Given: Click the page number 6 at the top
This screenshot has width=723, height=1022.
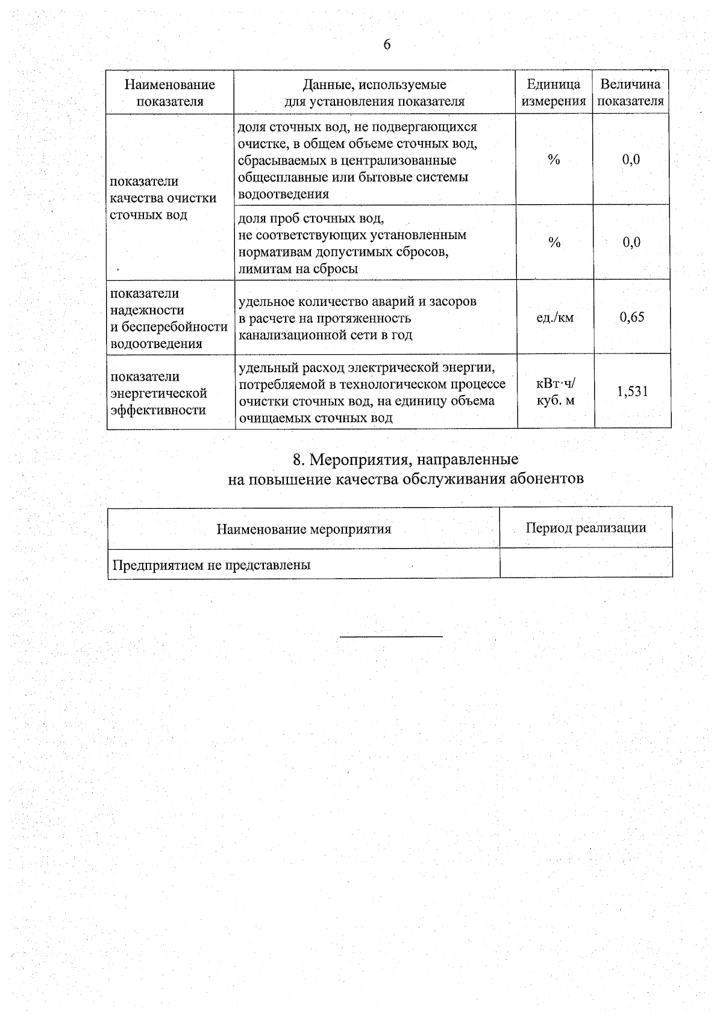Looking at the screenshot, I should (x=387, y=45).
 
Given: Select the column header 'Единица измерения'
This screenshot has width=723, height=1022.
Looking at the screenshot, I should (x=554, y=93).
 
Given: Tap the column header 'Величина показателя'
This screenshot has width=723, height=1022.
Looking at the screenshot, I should (x=631, y=93).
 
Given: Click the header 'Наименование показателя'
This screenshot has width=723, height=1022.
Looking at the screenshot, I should (x=170, y=93).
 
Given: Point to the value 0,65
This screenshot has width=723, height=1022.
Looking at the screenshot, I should (x=632, y=317).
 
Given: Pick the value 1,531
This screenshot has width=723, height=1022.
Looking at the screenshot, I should (x=632, y=391).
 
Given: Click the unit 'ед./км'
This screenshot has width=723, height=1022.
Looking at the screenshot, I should (x=555, y=317).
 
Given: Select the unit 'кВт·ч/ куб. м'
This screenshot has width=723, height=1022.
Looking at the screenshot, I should (x=555, y=391).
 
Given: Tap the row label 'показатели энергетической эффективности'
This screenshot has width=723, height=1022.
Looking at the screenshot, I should (x=158, y=393).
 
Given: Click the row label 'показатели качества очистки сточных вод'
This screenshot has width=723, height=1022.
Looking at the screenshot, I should (x=163, y=198).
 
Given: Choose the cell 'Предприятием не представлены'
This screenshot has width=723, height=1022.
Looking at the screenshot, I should (x=211, y=565).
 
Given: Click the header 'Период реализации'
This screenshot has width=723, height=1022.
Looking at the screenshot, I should (x=586, y=528).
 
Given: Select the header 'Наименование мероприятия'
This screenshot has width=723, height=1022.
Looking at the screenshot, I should (x=304, y=529).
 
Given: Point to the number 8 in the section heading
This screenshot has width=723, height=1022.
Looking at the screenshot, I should (x=296, y=460).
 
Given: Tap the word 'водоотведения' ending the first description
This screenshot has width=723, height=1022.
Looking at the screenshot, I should (x=284, y=194).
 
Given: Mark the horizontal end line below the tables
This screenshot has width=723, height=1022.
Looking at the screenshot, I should (x=391, y=636).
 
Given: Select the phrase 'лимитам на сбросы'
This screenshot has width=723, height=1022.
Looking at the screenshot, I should (x=298, y=269).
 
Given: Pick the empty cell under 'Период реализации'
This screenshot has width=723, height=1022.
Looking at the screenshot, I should (x=586, y=564).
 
